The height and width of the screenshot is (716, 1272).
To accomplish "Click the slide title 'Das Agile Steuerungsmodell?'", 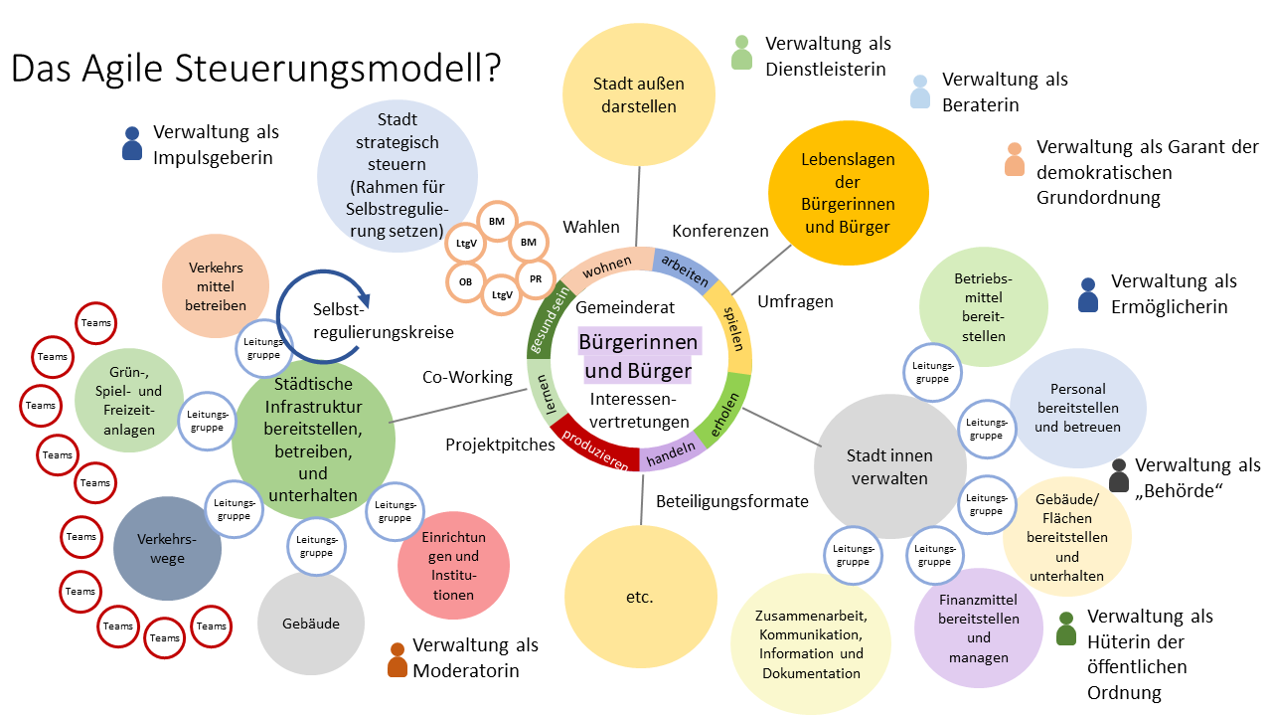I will [x=255, y=70].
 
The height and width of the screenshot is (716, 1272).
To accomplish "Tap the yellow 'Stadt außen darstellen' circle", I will [x=638, y=94].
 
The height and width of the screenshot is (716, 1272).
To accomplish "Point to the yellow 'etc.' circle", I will [x=639, y=598].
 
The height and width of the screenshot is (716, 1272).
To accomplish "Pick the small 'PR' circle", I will [x=536, y=279].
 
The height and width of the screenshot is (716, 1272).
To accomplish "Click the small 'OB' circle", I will [x=465, y=282].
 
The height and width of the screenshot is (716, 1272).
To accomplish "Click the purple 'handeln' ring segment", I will [x=671, y=455].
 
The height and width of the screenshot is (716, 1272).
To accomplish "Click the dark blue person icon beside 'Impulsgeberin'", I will [x=131, y=144].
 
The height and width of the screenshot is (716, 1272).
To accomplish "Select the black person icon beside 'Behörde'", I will [x=1119, y=475].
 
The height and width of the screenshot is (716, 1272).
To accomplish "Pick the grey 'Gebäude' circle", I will [x=311, y=624].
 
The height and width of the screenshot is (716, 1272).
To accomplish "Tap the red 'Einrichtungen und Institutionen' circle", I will [x=454, y=564].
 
